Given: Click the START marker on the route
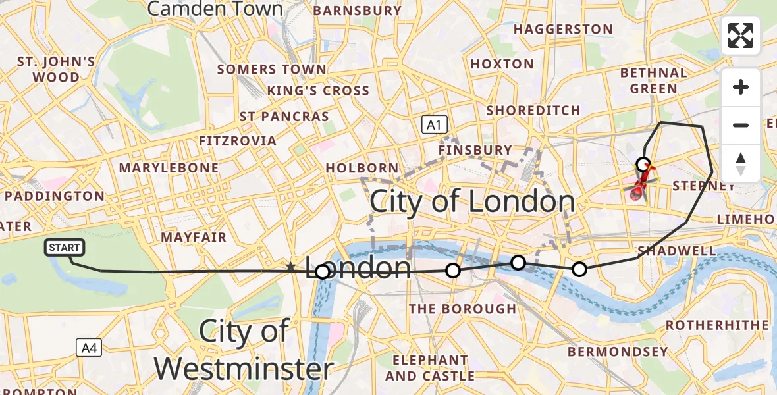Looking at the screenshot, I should (x=64, y=248).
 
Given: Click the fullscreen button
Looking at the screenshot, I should (x=741, y=36).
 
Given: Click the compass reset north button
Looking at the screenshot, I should (x=741, y=164).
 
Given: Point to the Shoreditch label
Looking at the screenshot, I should (x=533, y=111).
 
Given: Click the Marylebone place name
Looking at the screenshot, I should (x=169, y=168).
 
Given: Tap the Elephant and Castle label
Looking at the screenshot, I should (x=430, y=368).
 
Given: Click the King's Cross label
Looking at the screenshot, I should (x=318, y=90).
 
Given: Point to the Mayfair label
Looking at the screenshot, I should (x=194, y=237).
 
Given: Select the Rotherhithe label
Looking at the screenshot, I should (x=717, y=325).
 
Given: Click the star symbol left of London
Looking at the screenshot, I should (x=290, y=267).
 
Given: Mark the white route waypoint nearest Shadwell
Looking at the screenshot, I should (x=579, y=269).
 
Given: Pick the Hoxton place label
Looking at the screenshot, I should (x=502, y=64).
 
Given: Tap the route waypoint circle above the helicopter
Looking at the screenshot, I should (x=643, y=164).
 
